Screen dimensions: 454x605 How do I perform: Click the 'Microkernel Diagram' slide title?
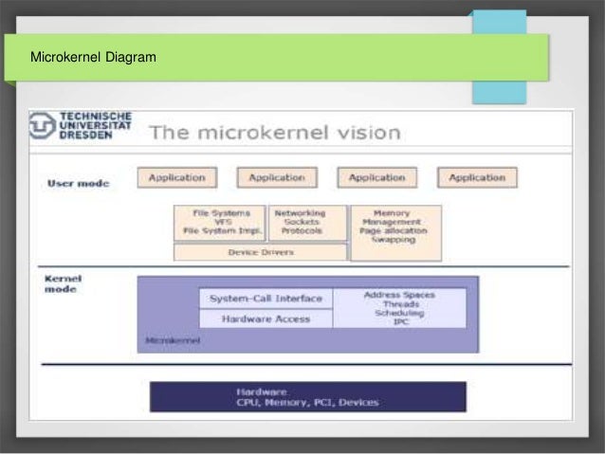[x=93, y=59]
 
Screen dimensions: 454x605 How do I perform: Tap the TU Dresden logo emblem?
[x=42, y=126]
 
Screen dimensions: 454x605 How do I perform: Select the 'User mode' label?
[x=78, y=183]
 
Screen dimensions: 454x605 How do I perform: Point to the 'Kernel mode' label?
[x=64, y=283]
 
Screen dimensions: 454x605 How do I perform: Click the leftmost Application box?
[x=176, y=177]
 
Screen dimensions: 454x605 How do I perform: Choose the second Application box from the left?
[x=276, y=177]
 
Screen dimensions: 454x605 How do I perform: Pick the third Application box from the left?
[x=376, y=177]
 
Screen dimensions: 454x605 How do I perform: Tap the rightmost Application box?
[x=477, y=177]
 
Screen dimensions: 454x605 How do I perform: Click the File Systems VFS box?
[x=220, y=223]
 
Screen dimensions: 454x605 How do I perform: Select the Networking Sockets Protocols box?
[x=308, y=223]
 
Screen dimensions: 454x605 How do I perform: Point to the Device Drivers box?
[x=261, y=252]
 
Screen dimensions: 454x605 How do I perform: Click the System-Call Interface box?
[x=266, y=299]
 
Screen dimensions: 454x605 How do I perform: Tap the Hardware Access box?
[x=266, y=319]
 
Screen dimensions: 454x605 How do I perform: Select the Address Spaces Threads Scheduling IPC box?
[x=399, y=308]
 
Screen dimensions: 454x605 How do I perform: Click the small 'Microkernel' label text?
[x=173, y=339]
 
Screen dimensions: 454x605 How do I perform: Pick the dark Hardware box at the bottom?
[x=307, y=396]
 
